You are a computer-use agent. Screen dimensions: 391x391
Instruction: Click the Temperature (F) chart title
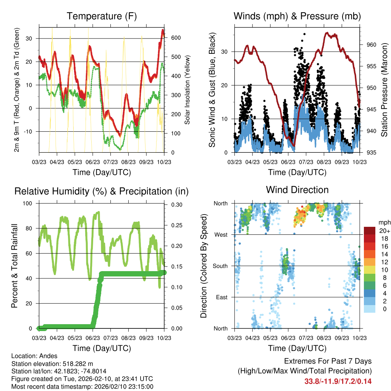[102, 16]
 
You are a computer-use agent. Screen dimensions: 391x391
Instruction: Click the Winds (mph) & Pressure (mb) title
[297, 16]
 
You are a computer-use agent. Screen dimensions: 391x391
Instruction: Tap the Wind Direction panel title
[297, 190]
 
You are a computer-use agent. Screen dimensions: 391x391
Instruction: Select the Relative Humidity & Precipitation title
[102, 191]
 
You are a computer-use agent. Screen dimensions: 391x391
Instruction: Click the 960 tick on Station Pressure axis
[372, 45]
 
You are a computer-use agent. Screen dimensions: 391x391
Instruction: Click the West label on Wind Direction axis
[221, 234]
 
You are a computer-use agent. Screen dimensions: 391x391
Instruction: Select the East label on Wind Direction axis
[221, 297]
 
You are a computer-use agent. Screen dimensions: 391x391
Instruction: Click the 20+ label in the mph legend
[384, 231]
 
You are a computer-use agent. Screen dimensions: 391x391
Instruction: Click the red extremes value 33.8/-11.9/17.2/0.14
[338, 381]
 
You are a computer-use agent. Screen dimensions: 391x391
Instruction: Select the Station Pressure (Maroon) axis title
[385, 89]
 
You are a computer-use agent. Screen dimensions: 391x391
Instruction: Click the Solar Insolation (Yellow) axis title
[187, 90]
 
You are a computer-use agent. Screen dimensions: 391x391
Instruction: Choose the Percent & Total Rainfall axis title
[14, 266]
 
